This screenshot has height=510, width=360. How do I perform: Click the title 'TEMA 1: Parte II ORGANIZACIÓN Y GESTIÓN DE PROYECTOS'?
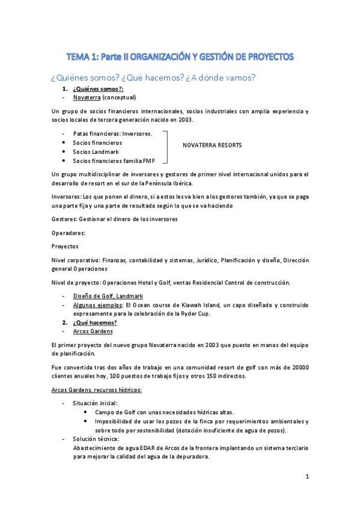pyautogui.click(x=180, y=57)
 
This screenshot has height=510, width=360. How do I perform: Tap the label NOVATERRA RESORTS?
pyautogui.click(x=212, y=146)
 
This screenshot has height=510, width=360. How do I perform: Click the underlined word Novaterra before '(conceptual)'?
pyautogui.click(x=87, y=97)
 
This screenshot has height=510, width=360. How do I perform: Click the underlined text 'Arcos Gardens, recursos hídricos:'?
pyautogui.click(x=97, y=390)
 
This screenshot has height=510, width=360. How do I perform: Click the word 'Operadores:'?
pyautogui.click(x=69, y=232)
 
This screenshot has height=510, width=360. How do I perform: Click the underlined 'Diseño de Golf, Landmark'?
pyautogui.click(x=108, y=296)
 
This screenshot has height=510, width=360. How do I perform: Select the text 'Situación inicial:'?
pyautogui.click(x=96, y=403)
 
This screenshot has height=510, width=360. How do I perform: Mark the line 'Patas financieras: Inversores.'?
pyautogui.click(x=112, y=134)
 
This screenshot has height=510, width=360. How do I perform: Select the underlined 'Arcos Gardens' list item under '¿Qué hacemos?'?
pyautogui.click(x=93, y=331)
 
